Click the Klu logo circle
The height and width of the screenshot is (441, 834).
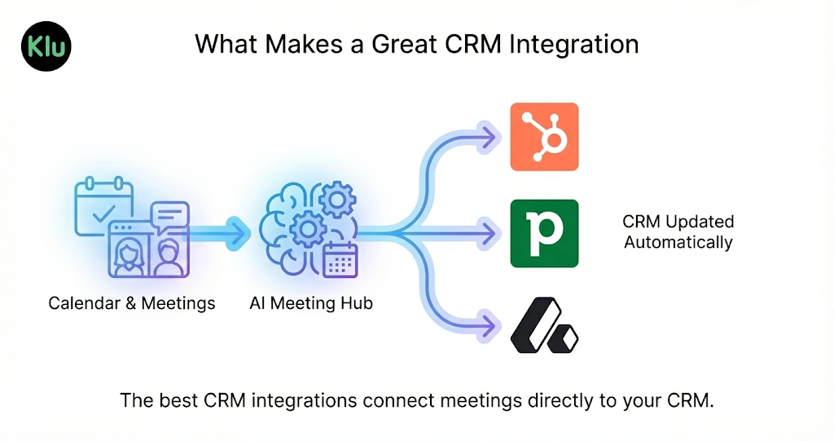pyautogui.click(x=46, y=45)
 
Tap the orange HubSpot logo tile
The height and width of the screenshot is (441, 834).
pyautogui.click(x=544, y=137)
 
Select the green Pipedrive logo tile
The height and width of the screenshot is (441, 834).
pyautogui.click(x=544, y=233)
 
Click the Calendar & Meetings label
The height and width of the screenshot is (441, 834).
pyautogui.click(x=132, y=303)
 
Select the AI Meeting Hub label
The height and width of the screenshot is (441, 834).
pyautogui.click(x=311, y=303)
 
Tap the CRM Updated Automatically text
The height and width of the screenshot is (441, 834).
pyautogui.click(x=678, y=232)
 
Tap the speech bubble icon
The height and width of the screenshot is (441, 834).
pyautogui.click(x=169, y=216)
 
